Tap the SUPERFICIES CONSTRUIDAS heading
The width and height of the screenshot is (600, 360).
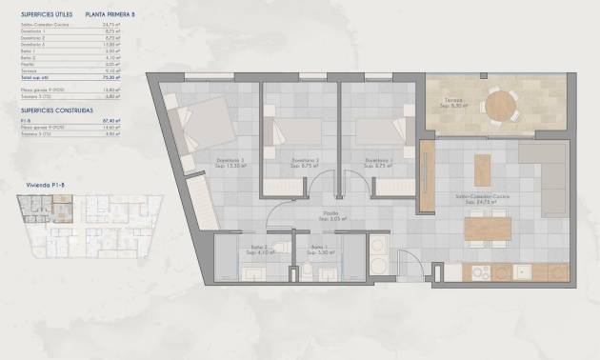pos(53,110)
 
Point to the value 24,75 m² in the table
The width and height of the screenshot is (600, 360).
pos(110,25)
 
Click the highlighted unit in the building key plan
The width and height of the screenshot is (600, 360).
pos(61,210)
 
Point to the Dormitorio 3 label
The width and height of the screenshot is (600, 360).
pos(230,160)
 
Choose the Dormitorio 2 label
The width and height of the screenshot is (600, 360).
pos(305,160)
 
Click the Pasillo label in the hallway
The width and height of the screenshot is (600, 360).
pos(330,215)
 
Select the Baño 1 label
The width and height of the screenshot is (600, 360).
pos(318,249)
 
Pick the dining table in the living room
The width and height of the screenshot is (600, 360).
pos(488,228)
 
